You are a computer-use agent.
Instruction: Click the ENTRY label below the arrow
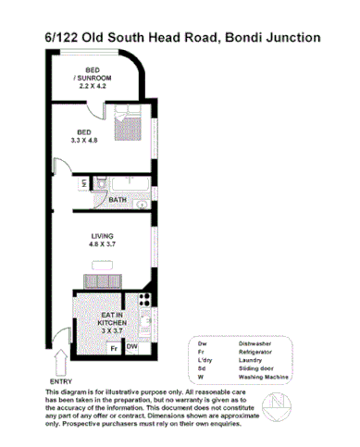point(58,380)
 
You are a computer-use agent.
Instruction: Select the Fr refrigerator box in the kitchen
point(112,348)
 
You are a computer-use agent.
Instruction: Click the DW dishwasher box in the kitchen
point(132,347)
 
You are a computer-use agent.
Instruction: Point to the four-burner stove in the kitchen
point(143,301)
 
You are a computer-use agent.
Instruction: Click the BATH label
point(117,199)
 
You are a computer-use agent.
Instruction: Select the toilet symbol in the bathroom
point(86,183)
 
